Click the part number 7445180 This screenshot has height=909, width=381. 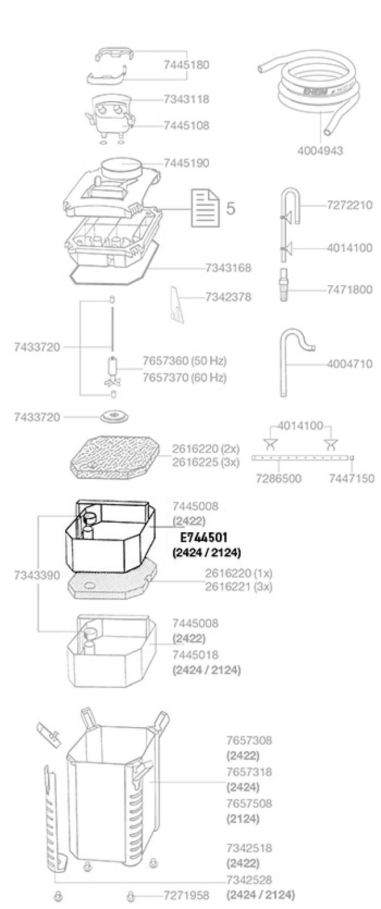click(186, 65)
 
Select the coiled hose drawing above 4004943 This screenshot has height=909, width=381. click(308, 96)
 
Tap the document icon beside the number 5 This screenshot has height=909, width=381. click(206, 209)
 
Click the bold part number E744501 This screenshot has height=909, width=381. click(204, 537)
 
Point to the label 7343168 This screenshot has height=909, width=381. click(228, 268)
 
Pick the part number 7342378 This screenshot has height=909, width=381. click(228, 297)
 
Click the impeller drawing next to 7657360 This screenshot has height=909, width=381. click(112, 369)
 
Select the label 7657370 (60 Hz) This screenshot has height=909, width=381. click(184, 378)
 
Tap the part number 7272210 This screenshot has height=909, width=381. click(349, 205)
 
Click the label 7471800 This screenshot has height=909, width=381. click(349, 290)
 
